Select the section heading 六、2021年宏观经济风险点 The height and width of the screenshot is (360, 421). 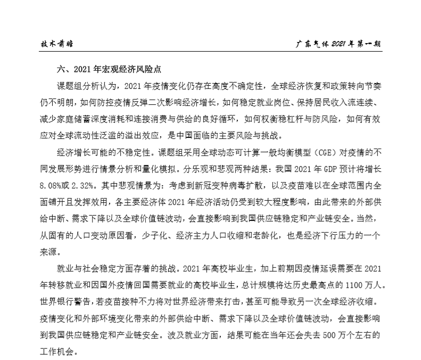[x=109, y=69]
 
